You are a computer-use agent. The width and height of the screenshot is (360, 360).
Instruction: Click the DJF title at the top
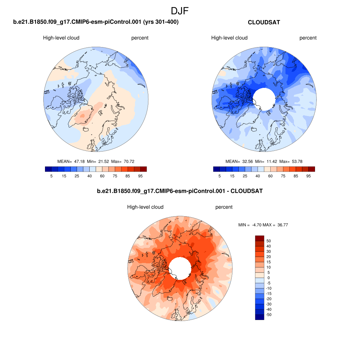click(180, 11)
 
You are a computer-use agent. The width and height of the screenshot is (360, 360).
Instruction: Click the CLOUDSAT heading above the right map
click(264, 22)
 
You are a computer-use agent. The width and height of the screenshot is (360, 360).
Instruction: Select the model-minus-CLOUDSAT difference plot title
click(180, 191)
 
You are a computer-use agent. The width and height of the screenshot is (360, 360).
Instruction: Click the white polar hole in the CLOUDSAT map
click(264, 99)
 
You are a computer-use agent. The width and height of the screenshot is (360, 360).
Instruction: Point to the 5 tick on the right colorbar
click(219, 176)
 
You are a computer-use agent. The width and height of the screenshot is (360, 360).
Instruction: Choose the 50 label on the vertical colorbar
click(269, 241)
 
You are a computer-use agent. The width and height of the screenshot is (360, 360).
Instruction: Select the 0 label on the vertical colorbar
click(269, 278)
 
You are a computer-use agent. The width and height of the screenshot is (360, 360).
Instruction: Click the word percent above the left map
click(140, 38)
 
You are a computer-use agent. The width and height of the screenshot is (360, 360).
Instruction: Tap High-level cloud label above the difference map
click(145, 207)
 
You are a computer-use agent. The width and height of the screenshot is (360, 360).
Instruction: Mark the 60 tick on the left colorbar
click(102, 176)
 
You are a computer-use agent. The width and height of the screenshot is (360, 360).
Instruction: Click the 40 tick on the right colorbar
click(258, 176)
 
